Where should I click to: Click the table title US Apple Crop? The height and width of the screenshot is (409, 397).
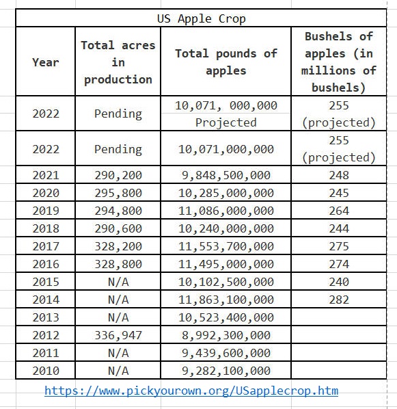coord(202,18)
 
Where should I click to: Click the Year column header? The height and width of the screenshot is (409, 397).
coord(46,62)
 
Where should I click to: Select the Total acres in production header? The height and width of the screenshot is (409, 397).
coord(118,62)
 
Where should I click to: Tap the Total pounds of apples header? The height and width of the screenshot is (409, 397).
coord(226,62)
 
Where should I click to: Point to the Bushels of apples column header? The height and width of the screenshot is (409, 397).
coord(339,62)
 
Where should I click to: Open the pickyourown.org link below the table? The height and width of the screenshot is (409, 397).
coord(191,391)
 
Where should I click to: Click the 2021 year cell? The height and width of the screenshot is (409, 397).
coord(46,175)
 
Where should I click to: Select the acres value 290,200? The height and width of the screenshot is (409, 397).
coord(118,175)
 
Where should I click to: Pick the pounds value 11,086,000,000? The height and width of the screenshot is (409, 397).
coord(226,211)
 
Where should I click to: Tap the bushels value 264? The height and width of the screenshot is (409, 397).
coord(339,211)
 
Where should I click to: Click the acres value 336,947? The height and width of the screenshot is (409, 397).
coord(118,335)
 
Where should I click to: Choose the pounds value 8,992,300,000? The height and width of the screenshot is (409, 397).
coord(226,335)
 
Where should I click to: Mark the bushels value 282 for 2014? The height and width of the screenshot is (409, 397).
coord(339,300)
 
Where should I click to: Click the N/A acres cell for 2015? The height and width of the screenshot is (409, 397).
coord(118,282)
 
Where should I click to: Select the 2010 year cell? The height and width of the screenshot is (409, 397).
coord(46,371)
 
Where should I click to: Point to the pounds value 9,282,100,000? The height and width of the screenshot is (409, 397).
coord(226,371)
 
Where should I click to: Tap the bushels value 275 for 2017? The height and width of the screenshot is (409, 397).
coord(339,246)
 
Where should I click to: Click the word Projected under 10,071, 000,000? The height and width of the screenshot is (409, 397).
coord(226,122)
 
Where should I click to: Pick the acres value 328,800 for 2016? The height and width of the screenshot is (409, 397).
coord(118,264)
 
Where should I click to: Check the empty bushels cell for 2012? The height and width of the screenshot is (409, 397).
coord(339,334)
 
